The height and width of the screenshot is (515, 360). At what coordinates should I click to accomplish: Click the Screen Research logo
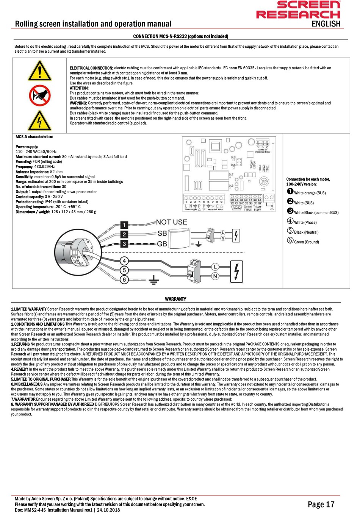pyautogui.click(x=298, y=10)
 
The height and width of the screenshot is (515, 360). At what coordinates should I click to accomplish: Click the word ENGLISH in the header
pyautogui.click(x=326, y=24)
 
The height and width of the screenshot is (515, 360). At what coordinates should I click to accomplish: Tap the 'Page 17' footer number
pyautogui.click(x=321, y=504)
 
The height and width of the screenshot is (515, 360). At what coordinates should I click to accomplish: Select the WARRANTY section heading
pyautogui.click(x=175, y=299)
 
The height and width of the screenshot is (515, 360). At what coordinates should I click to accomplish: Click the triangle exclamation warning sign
pyautogui.click(x=39, y=71)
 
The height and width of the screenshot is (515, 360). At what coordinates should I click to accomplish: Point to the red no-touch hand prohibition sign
pyautogui.click(x=39, y=95)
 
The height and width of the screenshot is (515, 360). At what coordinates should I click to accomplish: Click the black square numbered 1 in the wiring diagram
pyautogui.click(x=124, y=225)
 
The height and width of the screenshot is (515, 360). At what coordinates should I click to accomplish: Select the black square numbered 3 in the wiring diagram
pyautogui.click(x=124, y=243)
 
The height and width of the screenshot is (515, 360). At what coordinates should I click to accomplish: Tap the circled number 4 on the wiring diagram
pyautogui.click(x=124, y=261)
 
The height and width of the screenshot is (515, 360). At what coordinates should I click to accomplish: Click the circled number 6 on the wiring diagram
pyautogui.click(x=124, y=279)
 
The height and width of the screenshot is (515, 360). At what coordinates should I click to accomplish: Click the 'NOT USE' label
pyautogui.click(x=172, y=222)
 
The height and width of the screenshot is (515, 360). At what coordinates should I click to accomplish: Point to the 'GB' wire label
pyautogui.click(x=162, y=244)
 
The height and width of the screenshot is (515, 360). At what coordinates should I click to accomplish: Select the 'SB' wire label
pyautogui.click(x=162, y=233)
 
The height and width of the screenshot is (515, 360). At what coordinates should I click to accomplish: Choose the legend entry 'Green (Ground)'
pyautogui.click(x=303, y=242)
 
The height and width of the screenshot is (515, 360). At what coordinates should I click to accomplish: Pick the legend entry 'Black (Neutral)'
pyautogui.click(x=303, y=232)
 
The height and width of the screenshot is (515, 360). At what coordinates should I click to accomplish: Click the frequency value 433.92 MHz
pyautogui.click(x=44, y=167)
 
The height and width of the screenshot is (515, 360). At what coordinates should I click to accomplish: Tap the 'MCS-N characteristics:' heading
pyautogui.click(x=34, y=137)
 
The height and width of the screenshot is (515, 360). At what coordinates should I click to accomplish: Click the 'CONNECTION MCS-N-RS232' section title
pyautogui.click(x=180, y=36)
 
